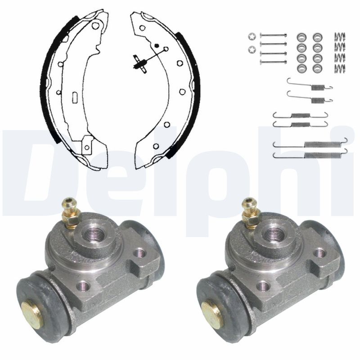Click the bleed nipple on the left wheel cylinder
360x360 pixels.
coord(71,213)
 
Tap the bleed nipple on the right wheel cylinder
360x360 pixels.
coord(251,213)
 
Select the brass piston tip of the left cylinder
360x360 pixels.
coord(32,313)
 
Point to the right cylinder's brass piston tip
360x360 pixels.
coord(212,313)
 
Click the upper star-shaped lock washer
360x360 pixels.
coord(252,37)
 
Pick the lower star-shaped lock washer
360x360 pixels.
coord(252,49)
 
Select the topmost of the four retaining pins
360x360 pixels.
coord(273,35)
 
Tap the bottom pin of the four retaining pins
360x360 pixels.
coord(273,62)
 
